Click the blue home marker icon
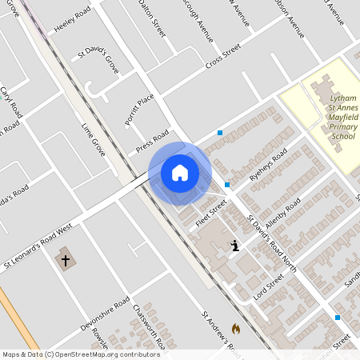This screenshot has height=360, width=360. click(180, 172)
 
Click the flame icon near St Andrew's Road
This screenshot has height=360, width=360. click(235, 328)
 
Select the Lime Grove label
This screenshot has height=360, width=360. click(94, 138)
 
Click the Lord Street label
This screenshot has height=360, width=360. click(270, 284)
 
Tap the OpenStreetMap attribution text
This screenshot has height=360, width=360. click(81, 354)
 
